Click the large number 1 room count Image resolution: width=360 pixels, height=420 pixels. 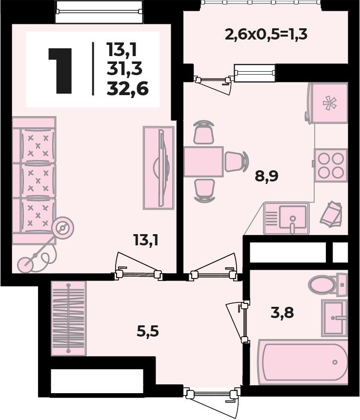(60, 71)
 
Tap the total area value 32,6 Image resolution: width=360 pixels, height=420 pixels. (127, 89)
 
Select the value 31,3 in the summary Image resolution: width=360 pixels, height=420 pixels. (124, 69)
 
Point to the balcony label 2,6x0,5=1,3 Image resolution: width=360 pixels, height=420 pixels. (266, 35)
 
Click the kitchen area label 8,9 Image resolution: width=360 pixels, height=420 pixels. (266, 177)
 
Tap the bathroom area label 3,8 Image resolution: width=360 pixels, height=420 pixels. (282, 313)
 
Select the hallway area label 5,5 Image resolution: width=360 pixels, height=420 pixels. (148, 332)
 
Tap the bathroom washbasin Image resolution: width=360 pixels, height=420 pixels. (334, 318)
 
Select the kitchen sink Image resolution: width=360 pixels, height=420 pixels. (286, 219)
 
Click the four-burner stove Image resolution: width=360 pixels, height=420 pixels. (331, 165)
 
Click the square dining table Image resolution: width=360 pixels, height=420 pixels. (203, 161)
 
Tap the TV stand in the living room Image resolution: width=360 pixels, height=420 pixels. (159, 168)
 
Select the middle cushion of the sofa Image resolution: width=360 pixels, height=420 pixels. (38, 181)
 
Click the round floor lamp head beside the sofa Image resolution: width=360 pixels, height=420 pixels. (63, 228)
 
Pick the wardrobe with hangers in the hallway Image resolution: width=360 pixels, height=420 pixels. (68, 318)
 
